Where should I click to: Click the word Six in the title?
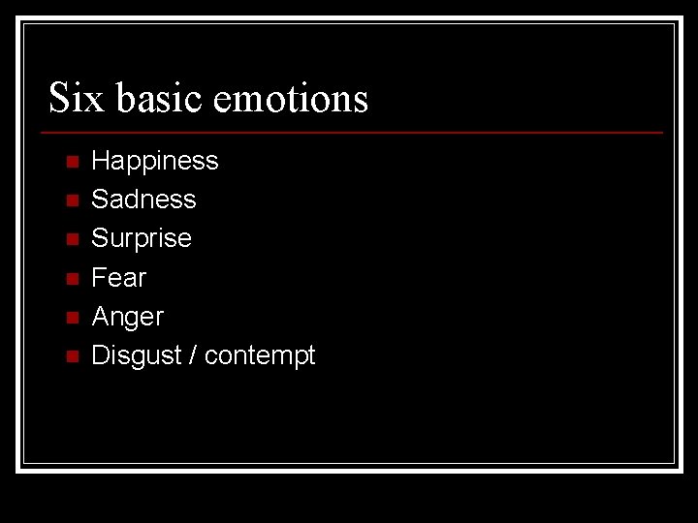76,98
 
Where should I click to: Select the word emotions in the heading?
290,99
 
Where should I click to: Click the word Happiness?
155,161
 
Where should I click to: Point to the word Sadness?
143,200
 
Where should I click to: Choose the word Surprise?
142,238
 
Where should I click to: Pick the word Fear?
118,278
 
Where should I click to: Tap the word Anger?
127,317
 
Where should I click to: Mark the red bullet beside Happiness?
71,162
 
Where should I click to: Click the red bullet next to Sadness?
71,200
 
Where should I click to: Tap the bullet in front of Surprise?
71,239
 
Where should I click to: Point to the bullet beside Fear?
71,279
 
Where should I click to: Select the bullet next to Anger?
71,318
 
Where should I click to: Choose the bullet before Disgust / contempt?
71,356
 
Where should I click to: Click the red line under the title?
356,133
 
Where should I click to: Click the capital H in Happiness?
100,161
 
